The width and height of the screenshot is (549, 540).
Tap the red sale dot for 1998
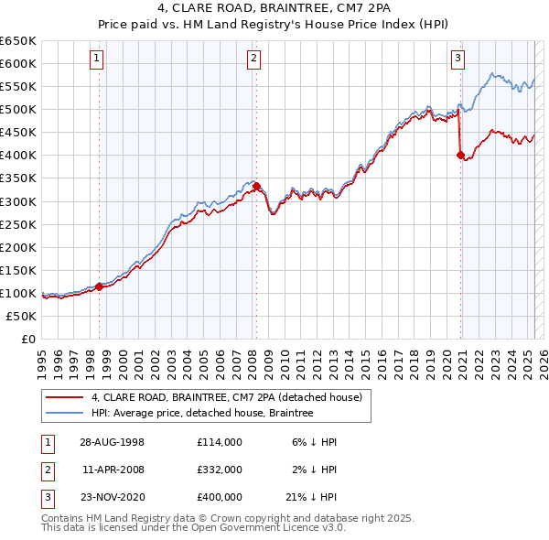(100, 286)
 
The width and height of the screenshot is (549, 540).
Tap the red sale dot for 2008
(256, 186)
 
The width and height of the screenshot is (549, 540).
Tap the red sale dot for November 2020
(460, 155)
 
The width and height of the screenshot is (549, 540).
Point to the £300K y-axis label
(19, 201)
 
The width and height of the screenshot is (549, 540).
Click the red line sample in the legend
(64, 397)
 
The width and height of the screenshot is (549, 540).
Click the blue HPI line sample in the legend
(64, 413)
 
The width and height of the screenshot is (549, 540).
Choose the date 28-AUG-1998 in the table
(113, 441)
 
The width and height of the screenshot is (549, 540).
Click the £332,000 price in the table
(219, 469)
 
